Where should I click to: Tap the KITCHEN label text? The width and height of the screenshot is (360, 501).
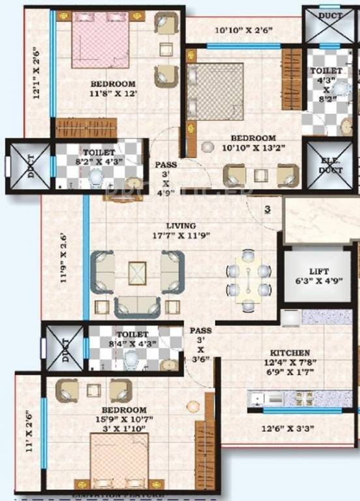tap(288, 352)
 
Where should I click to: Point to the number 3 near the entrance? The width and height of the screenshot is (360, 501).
tap(267, 209)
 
